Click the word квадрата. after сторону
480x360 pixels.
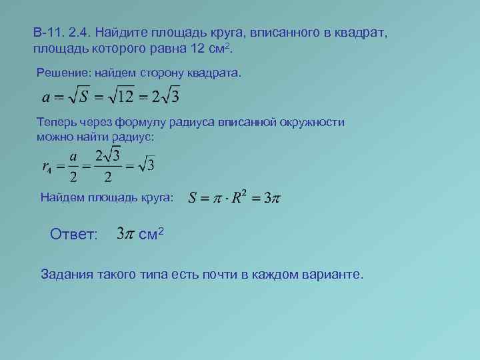point(213,71)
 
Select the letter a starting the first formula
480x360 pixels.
point(45,97)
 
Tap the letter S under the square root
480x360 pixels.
point(85,97)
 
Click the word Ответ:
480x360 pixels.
point(73,235)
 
